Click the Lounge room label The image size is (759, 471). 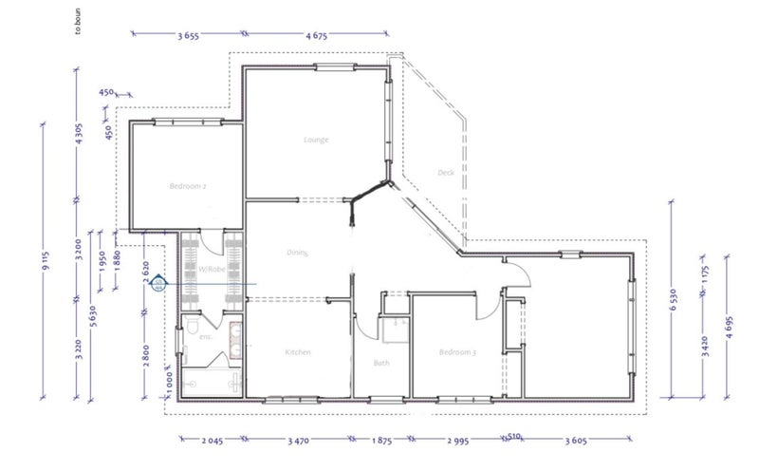coord(316,140)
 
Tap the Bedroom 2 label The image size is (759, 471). coord(189,186)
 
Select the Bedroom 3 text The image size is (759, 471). coord(456,352)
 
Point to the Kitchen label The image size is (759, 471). coord(299,352)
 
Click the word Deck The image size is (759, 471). coord(446,173)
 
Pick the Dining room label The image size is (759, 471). coord(300,253)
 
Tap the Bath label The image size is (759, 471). coord(381,363)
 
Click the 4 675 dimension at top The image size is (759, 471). coord(317,35)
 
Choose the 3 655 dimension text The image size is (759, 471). coord(188,35)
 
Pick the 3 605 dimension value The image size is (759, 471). coord(577,441)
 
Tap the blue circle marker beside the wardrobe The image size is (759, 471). coord(158,284)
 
